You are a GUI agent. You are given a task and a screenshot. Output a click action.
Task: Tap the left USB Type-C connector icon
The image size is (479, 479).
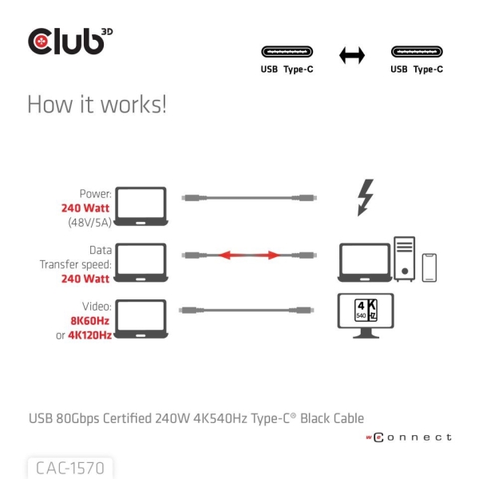pos(287,53)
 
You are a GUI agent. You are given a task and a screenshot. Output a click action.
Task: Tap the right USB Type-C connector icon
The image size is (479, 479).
pos(416,53)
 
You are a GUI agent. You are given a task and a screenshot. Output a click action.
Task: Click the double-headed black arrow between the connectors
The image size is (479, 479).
pos(351,55)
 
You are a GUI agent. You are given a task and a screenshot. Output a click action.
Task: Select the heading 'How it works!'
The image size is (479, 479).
pos(97,105)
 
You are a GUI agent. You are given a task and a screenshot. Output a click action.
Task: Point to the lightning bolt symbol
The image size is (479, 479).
pos(366,197)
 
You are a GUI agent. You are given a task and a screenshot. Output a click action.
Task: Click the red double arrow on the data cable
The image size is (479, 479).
pos(249,255)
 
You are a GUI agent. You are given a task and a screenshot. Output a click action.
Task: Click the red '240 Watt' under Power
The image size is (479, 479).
pos(85,208)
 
